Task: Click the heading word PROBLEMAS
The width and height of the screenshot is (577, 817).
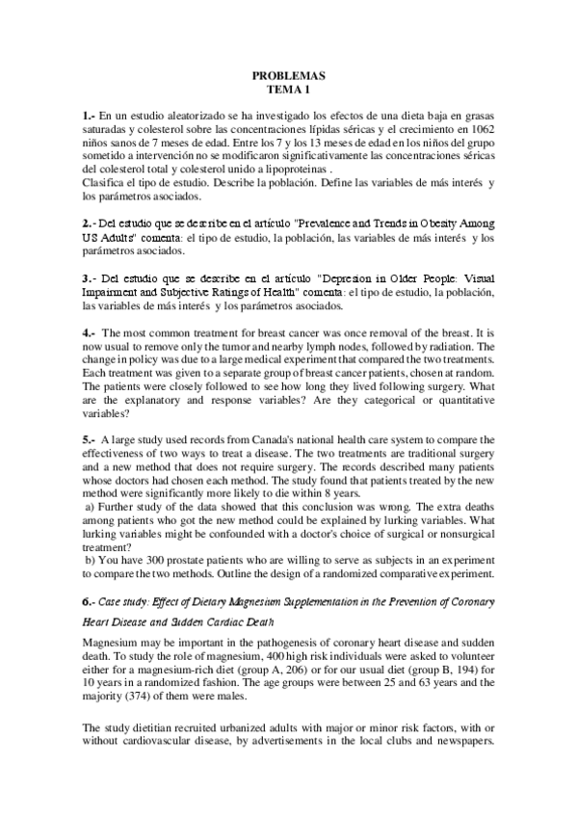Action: click(x=289, y=74)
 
